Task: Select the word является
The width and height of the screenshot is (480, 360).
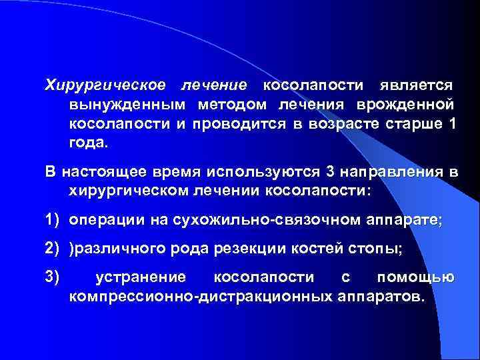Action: pos(417,86)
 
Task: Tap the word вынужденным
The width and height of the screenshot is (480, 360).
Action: pos(125,105)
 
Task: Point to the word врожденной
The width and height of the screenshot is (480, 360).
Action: pos(415,105)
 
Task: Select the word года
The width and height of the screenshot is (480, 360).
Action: pos(87,143)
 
